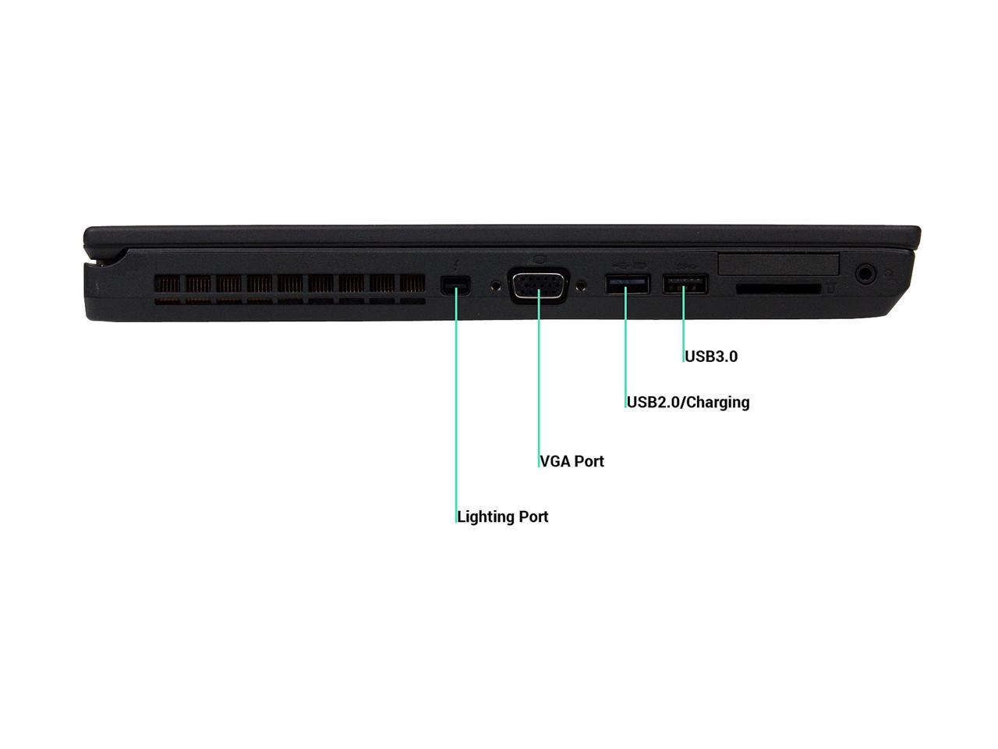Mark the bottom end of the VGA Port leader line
tap(539, 467)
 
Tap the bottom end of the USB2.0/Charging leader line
tap(625, 407)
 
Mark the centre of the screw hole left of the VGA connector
tap(497, 286)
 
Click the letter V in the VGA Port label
tap(545, 461)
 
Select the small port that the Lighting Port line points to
tap(455, 286)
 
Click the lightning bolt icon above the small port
tap(456, 264)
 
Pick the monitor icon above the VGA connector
tap(540, 259)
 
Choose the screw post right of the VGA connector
tap(581, 286)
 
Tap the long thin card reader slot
tap(778, 289)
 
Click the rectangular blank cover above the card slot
tap(778, 264)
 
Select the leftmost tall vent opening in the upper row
tap(168, 283)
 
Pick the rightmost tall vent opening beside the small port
tap(412, 283)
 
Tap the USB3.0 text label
tap(711, 357)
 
